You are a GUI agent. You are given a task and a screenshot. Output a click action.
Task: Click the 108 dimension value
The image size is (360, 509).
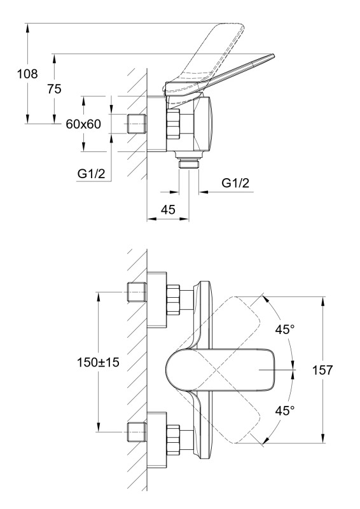pyautogui.click(x=27, y=74)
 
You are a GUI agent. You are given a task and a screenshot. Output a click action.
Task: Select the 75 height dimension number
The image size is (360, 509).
pyautogui.click(x=54, y=89)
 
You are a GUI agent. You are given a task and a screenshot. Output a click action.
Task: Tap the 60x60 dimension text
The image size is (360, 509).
pyautogui.click(x=83, y=124)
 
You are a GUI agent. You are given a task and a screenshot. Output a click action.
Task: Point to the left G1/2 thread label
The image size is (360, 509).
pyautogui.click(x=91, y=174)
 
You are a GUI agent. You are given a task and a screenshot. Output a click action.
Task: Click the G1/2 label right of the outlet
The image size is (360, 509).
pyautogui.click(x=235, y=183)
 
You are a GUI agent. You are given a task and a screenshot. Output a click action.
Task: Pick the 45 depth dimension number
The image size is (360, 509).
pyautogui.click(x=168, y=210)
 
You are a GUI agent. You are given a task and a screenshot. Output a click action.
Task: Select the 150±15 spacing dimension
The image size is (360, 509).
pyautogui.click(x=98, y=362)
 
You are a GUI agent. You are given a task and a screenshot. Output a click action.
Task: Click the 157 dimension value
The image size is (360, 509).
pyautogui.click(x=322, y=370)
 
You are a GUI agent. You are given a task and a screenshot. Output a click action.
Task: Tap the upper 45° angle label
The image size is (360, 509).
pyautogui.click(x=285, y=330)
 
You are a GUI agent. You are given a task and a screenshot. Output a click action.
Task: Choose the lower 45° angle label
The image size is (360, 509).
pyautogui.click(x=285, y=410)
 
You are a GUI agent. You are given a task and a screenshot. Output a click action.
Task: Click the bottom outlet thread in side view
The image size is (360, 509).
pyautogui.click(x=189, y=163)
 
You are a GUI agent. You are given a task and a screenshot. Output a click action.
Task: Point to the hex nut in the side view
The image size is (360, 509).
pyautogui.click(x=173, y=123)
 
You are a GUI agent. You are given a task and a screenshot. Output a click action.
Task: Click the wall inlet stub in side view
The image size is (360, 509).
pyautogui.click(x=136, y=123)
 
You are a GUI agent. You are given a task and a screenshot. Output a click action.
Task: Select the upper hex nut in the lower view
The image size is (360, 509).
pyautogui.click(x=173, y=300)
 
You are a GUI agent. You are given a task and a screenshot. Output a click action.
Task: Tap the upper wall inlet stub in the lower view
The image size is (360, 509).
pyautogui.click(x=136, y=293)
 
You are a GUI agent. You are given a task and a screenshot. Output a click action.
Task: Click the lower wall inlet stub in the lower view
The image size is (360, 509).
pyautogui.click(x=136, y=432)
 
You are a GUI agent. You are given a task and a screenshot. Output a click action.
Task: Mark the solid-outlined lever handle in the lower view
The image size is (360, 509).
pyautogui.click(x=221, y=370)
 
